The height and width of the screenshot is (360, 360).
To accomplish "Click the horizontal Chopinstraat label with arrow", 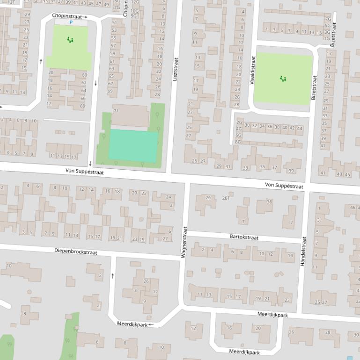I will point(69,16).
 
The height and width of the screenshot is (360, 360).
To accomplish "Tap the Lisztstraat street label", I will point(176,70).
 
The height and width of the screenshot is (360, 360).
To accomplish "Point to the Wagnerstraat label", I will point(184,242).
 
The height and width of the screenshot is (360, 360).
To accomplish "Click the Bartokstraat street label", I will point(244,237).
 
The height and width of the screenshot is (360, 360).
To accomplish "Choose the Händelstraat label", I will point(303,251).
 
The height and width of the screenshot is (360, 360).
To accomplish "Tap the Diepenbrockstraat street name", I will point(75,252).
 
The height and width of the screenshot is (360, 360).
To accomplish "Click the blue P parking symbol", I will point(71,22).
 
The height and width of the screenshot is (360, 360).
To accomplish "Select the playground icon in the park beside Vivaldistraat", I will point(283,79).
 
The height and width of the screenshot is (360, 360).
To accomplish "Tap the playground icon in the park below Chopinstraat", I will point(70,40).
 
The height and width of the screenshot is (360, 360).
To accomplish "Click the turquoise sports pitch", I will point(133,146).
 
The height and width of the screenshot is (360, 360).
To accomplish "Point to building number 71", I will point(116,111).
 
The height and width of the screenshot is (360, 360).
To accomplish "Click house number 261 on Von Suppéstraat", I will point(226,198).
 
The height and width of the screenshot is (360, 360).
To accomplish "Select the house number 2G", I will point(239,122).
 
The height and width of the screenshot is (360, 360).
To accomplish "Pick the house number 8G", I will point(238,142).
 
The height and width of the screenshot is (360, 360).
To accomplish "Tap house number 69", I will point(110,91).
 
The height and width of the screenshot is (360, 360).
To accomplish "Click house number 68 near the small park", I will point(83,106).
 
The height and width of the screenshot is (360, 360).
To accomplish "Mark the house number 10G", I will point(134,10).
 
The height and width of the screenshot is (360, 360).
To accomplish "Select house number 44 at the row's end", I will point(300,128).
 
